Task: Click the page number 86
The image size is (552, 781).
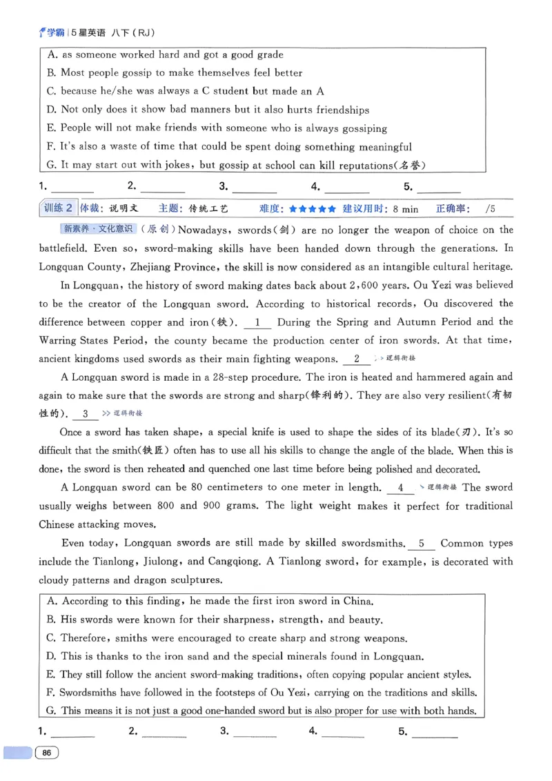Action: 47,753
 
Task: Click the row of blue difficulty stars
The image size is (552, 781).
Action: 313,208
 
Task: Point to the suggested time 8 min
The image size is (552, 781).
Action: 405,208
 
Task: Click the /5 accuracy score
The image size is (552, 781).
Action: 491,208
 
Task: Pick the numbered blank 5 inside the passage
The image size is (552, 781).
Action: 422,543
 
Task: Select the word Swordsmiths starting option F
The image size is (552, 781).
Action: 89,692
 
